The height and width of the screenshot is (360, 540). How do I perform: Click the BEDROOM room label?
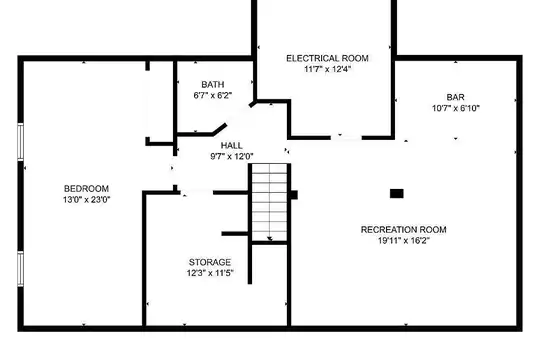(86, 189)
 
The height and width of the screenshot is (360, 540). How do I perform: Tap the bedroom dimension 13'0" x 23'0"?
(86, 199)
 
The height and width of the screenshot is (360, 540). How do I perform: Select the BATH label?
(213, 84)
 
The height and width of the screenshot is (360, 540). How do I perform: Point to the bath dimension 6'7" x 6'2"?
(213, 95)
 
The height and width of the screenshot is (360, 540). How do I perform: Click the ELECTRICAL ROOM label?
(328, 58)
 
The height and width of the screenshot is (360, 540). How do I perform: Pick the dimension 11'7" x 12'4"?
(328, 69)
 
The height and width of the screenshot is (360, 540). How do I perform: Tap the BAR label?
(456, 97)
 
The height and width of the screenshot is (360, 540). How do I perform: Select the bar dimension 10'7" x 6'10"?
(456, 108)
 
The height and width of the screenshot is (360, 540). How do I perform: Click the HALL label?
(231, 145)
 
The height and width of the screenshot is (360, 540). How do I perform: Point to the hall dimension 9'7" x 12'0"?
(232, 156)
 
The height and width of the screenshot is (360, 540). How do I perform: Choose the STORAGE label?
(210, 262)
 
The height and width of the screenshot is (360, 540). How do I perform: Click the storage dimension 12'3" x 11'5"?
(210, 273)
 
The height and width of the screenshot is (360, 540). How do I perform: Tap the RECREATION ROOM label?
(404, 229)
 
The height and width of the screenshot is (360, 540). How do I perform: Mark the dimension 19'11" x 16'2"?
(404, 240)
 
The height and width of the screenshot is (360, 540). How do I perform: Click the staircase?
(270, 202)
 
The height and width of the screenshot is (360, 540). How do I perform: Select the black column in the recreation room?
(396, 194)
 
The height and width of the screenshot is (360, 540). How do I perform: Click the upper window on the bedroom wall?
(21, 142)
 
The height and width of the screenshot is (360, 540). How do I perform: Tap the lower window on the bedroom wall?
(21, 269)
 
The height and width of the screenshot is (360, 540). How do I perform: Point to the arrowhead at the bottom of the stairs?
(270, 239)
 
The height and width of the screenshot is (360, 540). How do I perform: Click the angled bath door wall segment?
(219, 129)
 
